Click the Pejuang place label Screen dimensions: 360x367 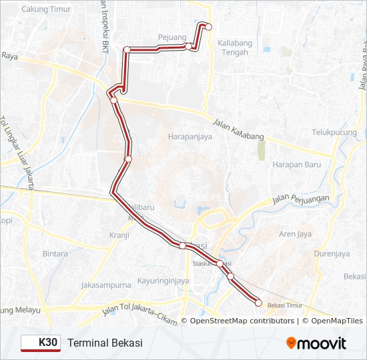(172, 37)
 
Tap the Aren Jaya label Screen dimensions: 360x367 (295, 234)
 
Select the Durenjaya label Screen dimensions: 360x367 (333, 253)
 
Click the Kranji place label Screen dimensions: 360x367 (119, 235)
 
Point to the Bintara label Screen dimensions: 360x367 (55, 253)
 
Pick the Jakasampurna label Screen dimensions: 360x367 (105, 285)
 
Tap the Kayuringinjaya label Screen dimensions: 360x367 (163, 281)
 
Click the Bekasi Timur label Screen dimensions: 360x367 (285, 305)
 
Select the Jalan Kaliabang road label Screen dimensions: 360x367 (239, 129)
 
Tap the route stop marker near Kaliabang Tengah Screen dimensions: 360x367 (208, 27)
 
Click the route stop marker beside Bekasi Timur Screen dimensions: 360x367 (259, 303)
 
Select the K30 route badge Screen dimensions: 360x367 (40, 343)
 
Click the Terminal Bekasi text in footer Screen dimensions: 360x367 (105, 343)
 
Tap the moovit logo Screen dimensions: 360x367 (316, 343)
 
